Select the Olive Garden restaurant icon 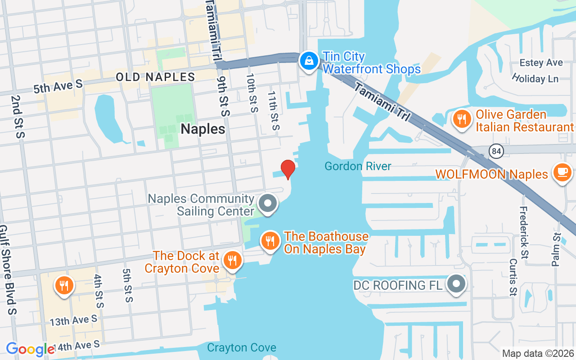pos(462,119)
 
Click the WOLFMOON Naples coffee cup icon pos(562,173)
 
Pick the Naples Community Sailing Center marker pos(268,203)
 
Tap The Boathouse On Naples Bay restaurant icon pos(270,241)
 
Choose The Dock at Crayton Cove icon pos(232,261)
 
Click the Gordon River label pos(358,166)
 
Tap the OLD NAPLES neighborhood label pos(155,77)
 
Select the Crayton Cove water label pos(242,347)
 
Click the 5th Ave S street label pos(58,86)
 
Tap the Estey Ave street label pos(541,63)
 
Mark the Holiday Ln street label pos(535,79)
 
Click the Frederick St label pos(524,232)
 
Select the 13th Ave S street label pos(73,320)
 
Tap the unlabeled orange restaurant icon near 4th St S pos(64,286)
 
